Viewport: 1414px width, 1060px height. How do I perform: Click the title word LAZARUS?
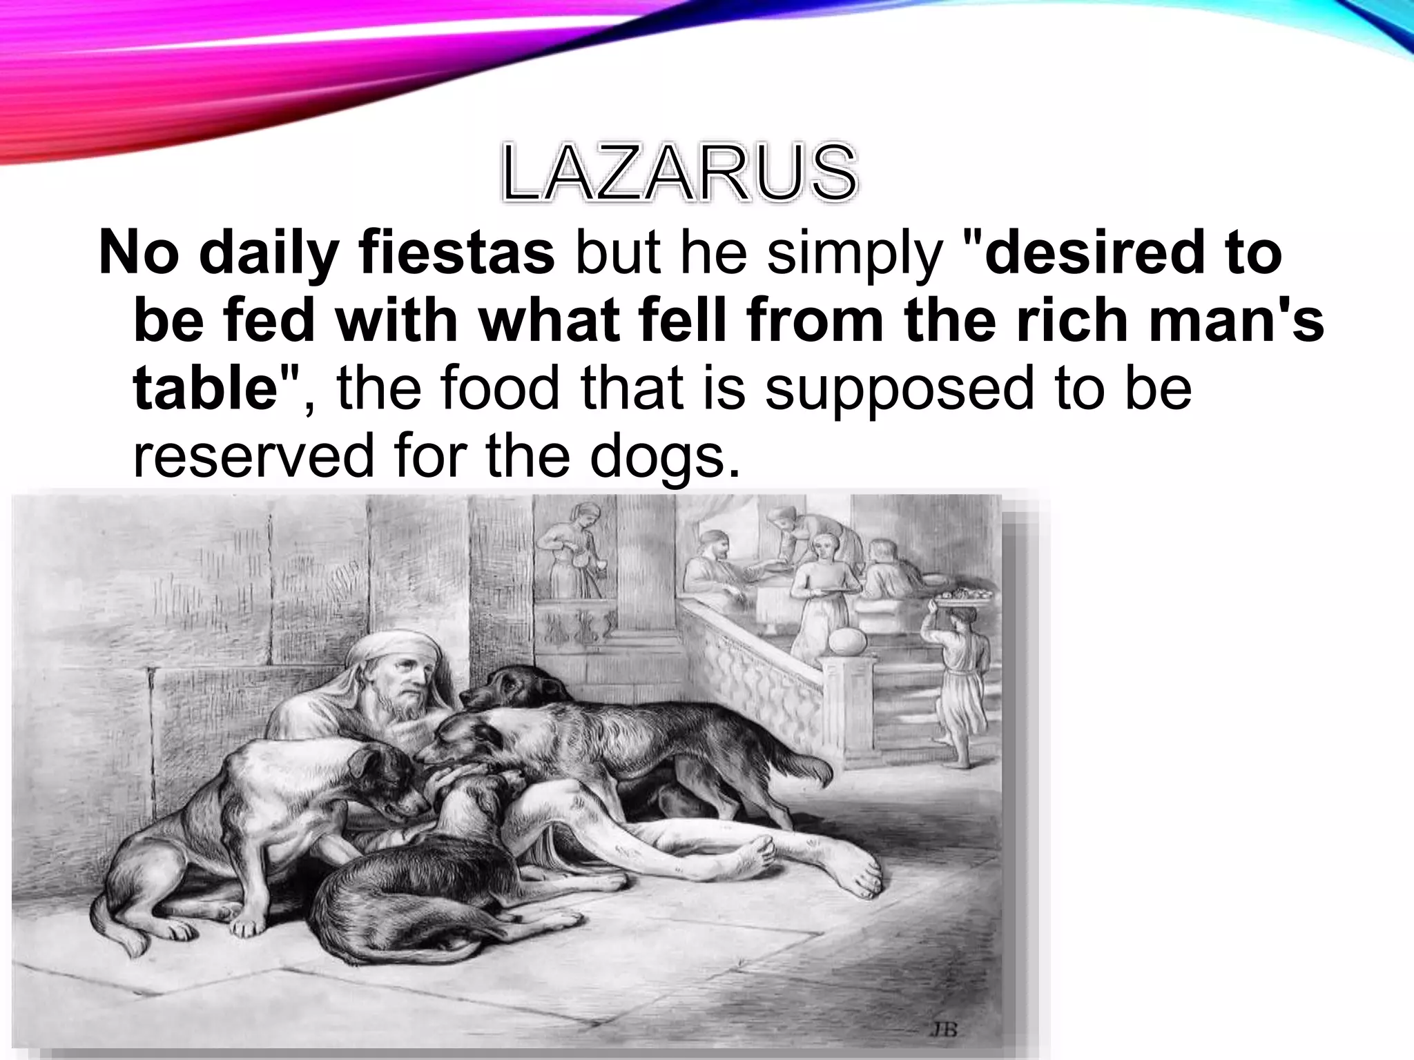pos(679,174)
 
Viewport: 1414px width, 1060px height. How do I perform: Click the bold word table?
pos(206,388)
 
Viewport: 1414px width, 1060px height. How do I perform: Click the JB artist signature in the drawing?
pos(943,1030)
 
